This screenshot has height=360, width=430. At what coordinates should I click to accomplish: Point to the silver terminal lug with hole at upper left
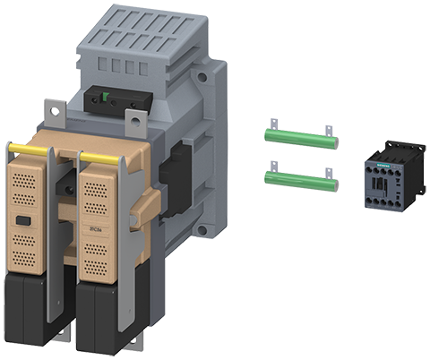click(58, 114)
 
